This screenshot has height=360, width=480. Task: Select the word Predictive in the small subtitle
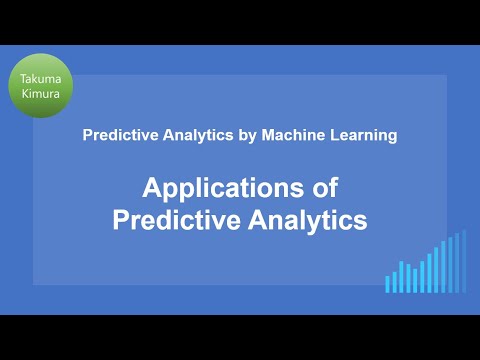coord(117,136)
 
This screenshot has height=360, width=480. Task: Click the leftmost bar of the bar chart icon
coord(388,284)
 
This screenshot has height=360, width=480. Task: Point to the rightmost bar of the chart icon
coord(464,262)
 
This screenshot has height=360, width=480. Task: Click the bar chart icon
coord(426,264)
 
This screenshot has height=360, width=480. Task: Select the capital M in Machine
coord(256,136)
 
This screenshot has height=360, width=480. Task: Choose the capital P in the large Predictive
coord(120,220)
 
